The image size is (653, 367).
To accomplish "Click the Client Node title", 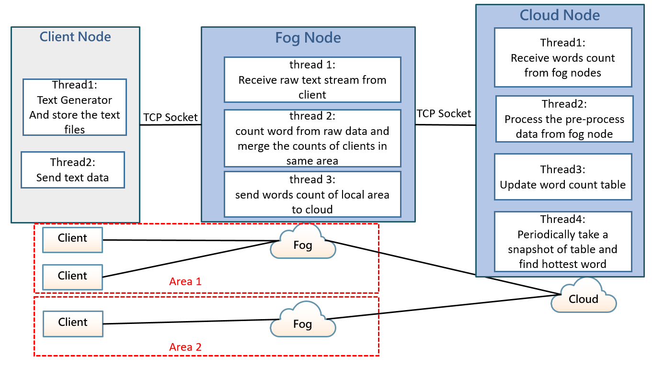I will (x=75, y=37).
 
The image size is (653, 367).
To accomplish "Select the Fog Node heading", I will (x=308, y=38).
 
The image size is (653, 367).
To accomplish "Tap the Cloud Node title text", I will (x=560, y=15).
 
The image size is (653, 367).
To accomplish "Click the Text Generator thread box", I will (x=74, y=107).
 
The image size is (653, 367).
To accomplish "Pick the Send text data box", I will (x=72, y=170).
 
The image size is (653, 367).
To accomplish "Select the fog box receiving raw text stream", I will (x=312, y=80).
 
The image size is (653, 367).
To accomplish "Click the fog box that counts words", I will (x=312, y=138).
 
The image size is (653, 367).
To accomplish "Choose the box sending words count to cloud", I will (x=312, y=194).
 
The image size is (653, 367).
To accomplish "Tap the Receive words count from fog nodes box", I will (x=562, y=57).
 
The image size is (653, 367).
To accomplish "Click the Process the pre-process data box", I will (x=564, y=119).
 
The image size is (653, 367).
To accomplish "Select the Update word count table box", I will (x=563, y=177).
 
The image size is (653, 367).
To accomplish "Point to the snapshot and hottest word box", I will (x=563, y=242).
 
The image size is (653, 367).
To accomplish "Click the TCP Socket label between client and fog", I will (x=171, y=117).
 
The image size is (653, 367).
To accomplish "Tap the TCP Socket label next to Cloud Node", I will (x=444, y=113).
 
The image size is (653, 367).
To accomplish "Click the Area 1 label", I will (x=185, y=281).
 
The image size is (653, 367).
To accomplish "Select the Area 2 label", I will (x=185, y=347).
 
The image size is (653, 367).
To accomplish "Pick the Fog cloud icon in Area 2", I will (x=303, y=324).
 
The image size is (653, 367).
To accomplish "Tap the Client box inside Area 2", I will (x=73, y=322).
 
